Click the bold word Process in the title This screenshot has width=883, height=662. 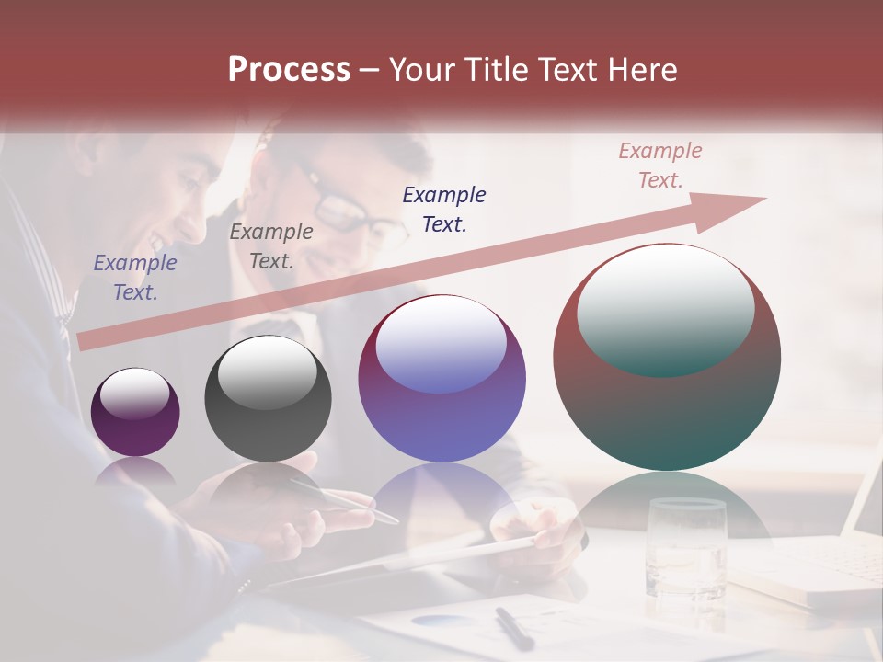289,70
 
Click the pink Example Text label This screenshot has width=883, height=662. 659,165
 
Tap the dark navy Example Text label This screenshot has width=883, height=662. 444,209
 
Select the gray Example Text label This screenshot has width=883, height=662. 271,246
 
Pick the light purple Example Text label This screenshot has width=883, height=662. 135,277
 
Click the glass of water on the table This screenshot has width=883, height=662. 685,547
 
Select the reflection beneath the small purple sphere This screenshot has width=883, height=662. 135,471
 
